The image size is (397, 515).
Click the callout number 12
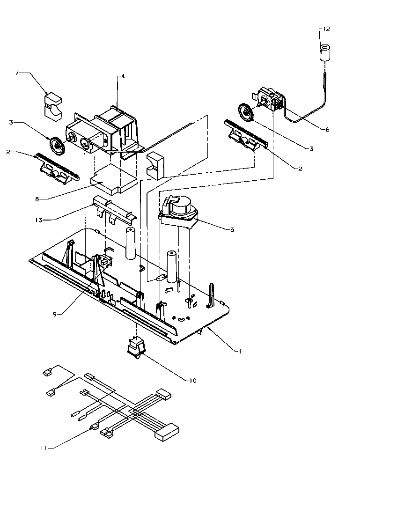click(x=326, y=29)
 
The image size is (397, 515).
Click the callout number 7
click(x=17, y=73)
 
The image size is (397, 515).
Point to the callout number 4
click(x=123, y=76)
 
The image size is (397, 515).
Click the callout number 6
click(x=327, y=130)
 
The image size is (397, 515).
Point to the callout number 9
click(x=55, y=315)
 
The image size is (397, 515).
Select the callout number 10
click(x=192, y=381)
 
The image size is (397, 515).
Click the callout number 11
click(x=44, y=449)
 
